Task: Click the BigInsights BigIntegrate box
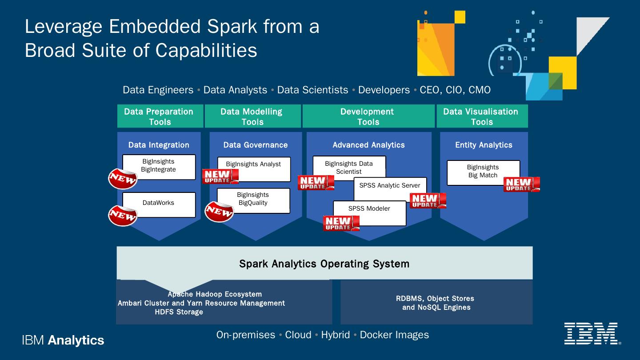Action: point(159,167)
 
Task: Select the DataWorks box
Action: point(159,204)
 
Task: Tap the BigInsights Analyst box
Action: point(254,168)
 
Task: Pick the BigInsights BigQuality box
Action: point(253,200)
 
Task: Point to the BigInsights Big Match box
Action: point(483,172)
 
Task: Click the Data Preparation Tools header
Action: point(160,116)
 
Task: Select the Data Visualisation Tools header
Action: point(482,116)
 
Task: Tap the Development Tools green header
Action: point(368,116)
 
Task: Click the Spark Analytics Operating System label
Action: point(324,264)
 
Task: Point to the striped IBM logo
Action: point(591,333)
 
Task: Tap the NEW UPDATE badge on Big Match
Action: point(521,184)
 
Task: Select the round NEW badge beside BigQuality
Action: point(219,212)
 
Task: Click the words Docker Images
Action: point(394,335)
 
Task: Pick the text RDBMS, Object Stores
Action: point(435,299)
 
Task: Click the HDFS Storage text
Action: point(179,312)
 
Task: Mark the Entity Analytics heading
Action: point(484,145)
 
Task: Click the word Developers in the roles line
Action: point(384,90)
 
